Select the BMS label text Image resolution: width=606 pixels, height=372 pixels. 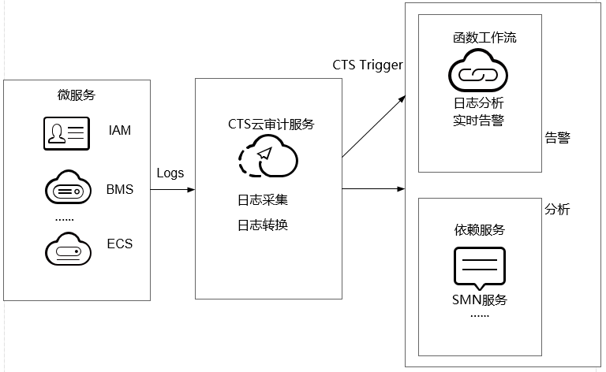(x=120, y=190)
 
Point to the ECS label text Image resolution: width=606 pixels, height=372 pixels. (x=120, y=244)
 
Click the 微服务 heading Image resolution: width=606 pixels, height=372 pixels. (x=77, y=95)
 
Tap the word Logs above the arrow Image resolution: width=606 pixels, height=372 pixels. (x=170, y=173)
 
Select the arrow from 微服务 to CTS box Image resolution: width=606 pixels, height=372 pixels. (x=172, y=190)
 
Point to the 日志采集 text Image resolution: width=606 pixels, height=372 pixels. (x=263, y=199)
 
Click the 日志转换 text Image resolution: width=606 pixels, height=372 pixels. (x=263, y=225)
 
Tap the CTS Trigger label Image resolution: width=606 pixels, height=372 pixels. (x=368, y=64)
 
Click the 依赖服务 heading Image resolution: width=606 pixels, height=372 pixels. (x=479, y=229)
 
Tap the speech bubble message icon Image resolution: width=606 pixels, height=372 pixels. (x=478, y=267)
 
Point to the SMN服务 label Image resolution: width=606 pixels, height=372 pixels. (x=479, y=299)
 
